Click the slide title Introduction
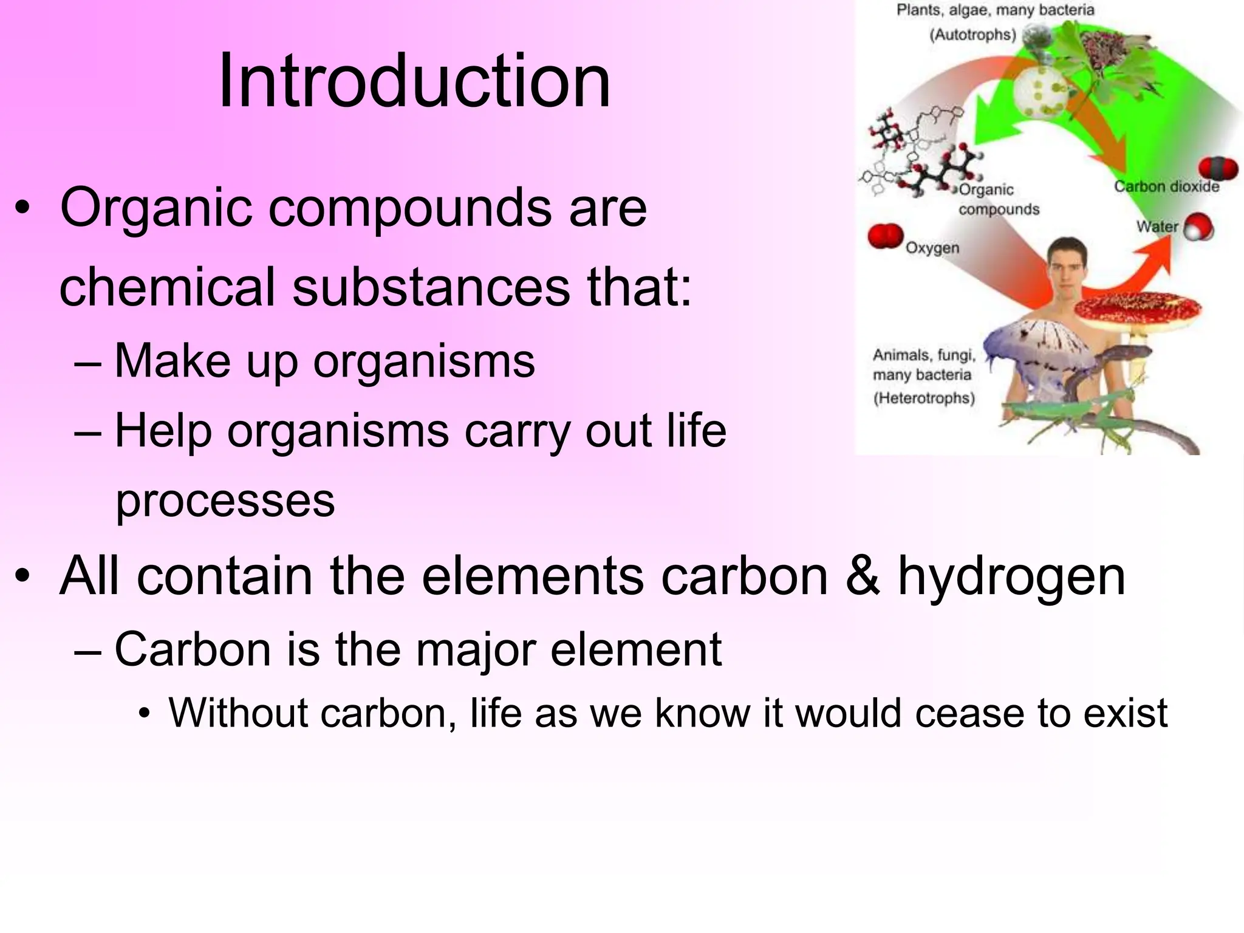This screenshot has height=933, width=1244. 414,81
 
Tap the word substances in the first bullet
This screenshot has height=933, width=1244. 432,287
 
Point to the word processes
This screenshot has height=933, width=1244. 225,501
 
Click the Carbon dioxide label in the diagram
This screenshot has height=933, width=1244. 1166,186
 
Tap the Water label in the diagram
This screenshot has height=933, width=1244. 1157,227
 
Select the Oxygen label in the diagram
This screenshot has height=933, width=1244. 932,248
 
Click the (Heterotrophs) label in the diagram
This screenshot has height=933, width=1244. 924,398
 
